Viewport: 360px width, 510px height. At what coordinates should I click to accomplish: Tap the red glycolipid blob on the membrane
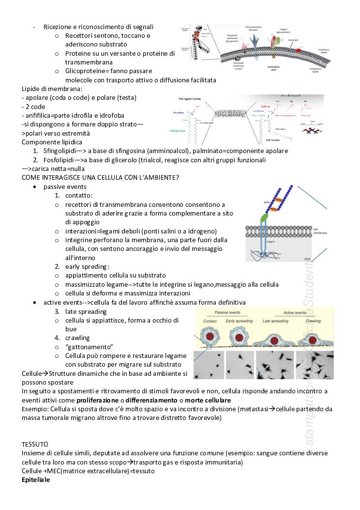click(x=299, y=49)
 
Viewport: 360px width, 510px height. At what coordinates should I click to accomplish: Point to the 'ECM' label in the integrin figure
click(x=306, y=260)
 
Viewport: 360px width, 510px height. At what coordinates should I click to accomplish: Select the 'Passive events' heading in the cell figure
click(x=231, y=313)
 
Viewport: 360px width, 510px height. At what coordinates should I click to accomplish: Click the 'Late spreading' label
click(x=275, y=321)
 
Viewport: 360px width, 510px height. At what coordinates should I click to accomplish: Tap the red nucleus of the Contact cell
click(x=210, y=336)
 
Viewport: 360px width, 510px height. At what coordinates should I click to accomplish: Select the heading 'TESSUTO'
click(x=35, y=444)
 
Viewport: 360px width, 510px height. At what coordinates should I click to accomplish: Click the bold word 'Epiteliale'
click(x=36, y=479)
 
